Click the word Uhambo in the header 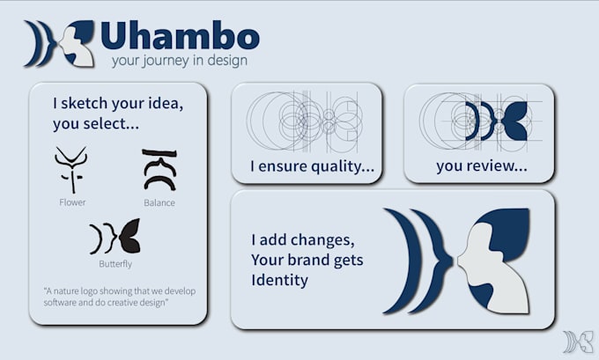180,35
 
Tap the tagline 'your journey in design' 180,61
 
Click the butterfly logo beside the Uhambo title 60,43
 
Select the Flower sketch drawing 71,170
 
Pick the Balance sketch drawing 159,170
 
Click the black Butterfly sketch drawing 115,236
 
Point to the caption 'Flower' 72,202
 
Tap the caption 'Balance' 159,202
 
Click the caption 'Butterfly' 115,264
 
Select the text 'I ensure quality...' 312,166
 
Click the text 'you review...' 482,165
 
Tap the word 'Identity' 279,280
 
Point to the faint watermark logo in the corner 579,342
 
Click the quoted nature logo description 120,297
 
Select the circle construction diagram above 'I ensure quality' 305,121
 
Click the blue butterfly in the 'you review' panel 496,121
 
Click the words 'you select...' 95,124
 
